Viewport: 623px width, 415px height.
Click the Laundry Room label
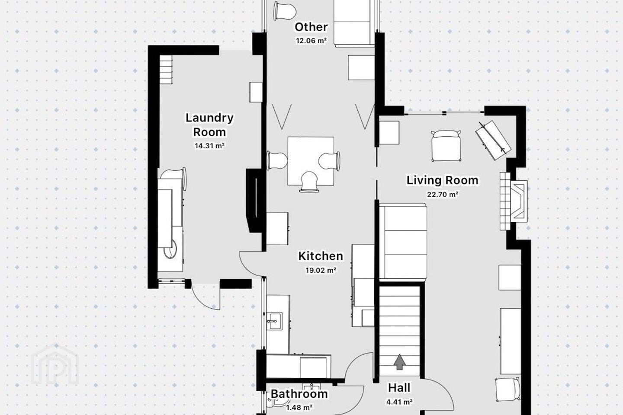tap(209, 125)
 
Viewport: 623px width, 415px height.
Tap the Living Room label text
tap(443, 180)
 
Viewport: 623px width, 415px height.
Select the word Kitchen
tap(321, 256)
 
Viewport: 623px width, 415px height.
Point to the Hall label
tap(399, 388)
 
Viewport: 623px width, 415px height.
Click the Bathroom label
tap(299, 394)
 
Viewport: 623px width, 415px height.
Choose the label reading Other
tap(311, 27)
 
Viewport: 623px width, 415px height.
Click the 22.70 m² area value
tap(443, 194)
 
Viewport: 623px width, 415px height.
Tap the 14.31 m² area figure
tap(209, 146)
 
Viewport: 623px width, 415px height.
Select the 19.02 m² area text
tap(321, 270)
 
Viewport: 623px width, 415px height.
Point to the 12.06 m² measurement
tap(311, 41)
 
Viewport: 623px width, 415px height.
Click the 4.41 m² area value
tap(399, 402)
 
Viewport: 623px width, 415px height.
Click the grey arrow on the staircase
tap(399, 362)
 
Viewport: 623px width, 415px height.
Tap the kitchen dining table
tap(311, 161)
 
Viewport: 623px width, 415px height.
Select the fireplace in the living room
tap(514, 201)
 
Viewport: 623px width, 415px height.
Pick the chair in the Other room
tap(284, 10)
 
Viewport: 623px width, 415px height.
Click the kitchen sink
tap(274, 321)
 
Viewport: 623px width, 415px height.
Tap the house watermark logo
tap(55, 364)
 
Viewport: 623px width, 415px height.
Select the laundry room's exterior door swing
tap(206, 296)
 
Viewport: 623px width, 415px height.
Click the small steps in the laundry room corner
tap(166, 70)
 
